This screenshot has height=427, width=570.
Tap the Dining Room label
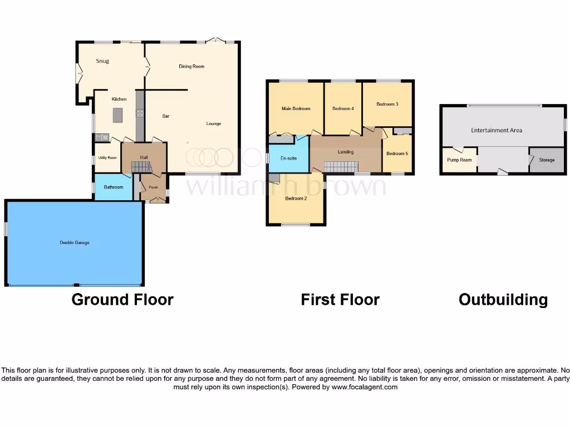191,67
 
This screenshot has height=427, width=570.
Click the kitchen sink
102,137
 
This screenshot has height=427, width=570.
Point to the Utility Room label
107,158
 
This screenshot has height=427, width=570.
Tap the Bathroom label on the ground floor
114,187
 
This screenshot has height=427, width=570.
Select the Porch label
153,188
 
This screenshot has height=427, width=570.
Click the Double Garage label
75,243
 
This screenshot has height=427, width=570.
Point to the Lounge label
214,123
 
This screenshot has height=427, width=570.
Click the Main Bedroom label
296,109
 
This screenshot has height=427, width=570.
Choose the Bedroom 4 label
343,109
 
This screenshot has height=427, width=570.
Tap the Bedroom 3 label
387,104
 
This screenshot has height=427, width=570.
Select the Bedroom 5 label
397,154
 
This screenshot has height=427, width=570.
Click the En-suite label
288,158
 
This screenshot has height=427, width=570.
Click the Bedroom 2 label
296,198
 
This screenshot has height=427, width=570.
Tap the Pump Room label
459,160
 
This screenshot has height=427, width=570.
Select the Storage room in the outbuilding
547,160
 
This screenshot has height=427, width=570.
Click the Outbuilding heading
503,300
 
